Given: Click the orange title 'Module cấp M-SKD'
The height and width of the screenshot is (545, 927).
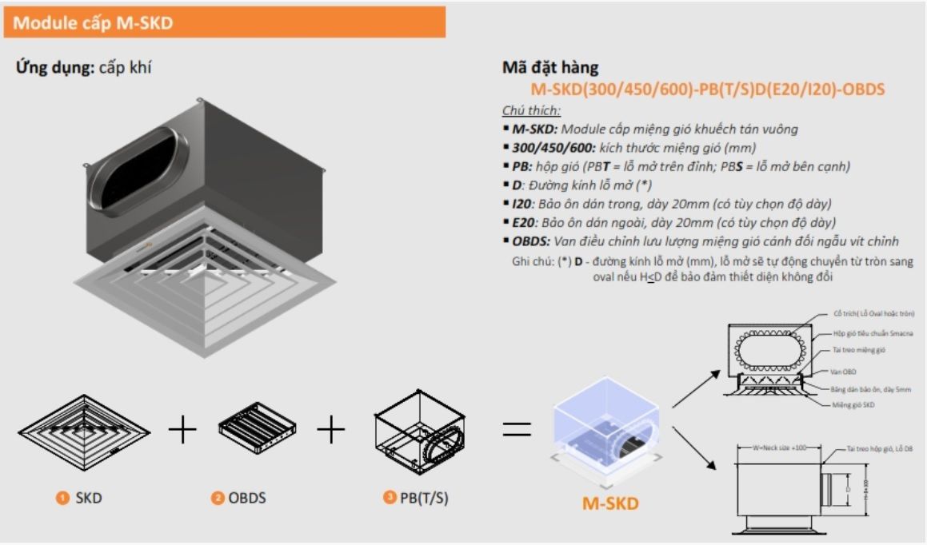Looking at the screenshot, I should [93, 23].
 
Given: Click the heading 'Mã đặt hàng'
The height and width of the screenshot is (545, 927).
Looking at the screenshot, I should [549, 68].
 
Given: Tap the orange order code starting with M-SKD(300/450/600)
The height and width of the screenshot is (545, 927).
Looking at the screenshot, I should [707, 89].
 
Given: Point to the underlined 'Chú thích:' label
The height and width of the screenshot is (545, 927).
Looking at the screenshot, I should [531, 110].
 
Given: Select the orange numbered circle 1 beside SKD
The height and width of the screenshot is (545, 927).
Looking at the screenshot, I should [62, 499].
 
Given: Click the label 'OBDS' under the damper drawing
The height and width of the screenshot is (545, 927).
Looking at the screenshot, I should [247, 499].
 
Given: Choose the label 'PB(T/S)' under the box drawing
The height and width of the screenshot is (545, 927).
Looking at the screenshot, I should [424, 499].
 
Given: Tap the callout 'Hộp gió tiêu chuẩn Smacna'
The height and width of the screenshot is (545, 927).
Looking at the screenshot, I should [873, 332].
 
